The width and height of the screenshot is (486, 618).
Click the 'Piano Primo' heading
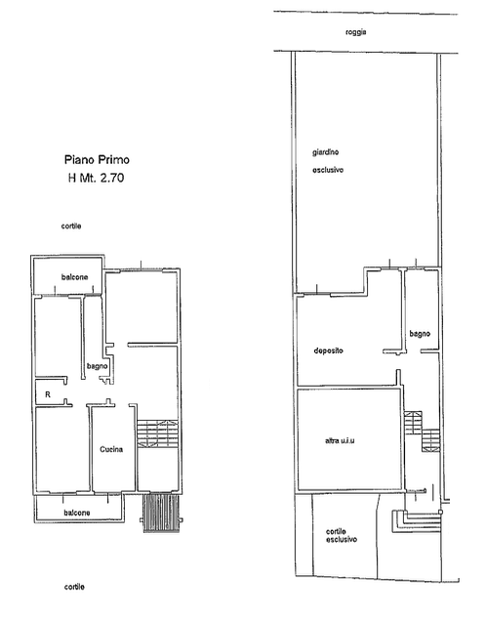tap(97, 159)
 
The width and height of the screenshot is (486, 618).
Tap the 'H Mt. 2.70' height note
tap(96, 178)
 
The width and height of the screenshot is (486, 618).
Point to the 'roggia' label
tap(355, 32)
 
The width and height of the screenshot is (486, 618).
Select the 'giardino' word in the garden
tap(325, 152)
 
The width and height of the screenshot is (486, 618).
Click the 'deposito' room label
tap(329, 350)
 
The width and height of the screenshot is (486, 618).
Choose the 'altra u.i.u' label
tap(340, 440)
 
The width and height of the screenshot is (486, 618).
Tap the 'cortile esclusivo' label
tap(342, 535)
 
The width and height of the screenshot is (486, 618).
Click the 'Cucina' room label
tap(111, 449)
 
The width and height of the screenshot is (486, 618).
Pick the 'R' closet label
tap(48, 394)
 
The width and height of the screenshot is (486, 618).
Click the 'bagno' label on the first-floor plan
tap(98, 366)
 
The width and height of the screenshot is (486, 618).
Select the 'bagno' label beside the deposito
tap(420, 334)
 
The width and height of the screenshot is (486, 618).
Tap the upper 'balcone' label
tap(74, 277)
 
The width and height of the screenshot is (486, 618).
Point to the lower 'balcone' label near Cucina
tap(77, 513)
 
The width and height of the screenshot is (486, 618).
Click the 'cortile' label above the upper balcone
tap(71, 226)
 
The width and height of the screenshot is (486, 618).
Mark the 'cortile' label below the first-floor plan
tap(74, 587)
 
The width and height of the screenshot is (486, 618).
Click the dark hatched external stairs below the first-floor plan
tap(161, 513)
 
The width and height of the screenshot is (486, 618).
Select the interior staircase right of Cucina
tap(157, 433)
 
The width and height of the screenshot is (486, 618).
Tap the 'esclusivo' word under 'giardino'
tap(328, 170)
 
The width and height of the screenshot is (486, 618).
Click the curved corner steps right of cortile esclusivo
tap(416, 521)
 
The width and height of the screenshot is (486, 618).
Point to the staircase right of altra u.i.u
tap(422, 432)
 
